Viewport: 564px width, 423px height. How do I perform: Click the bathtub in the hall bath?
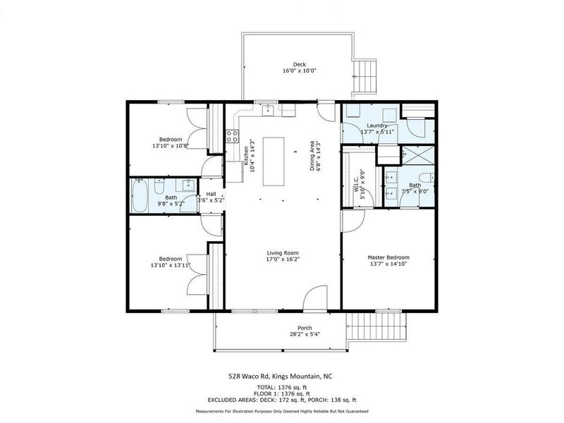coord(140,195)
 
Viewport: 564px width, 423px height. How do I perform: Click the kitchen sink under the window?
coord(269,110)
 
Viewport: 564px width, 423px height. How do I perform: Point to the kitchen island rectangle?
coord(277,161)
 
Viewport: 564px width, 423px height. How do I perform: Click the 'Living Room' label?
coord(283,252)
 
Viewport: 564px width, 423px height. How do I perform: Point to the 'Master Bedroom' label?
coord(388,257)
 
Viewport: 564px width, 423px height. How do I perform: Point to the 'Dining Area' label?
coord(312,155)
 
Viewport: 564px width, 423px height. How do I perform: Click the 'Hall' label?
coord(211,193)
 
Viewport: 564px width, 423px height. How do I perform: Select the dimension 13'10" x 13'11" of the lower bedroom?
coord(171,265)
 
